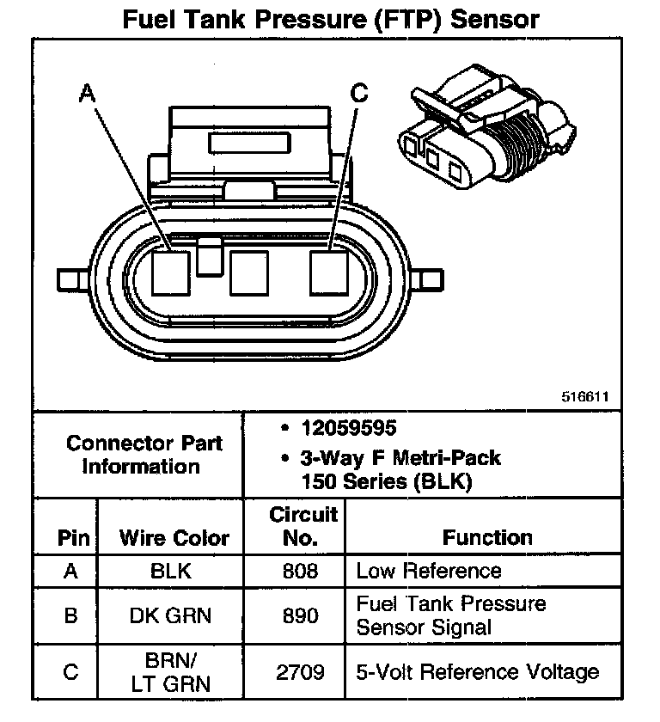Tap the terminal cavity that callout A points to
[x=172, y=273]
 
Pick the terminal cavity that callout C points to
[x=330, y=272]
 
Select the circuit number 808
[x=299, y=571]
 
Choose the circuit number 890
[x=299, y=615]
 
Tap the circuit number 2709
[x=299, y=672]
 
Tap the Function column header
[x=487, y=538]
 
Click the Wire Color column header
[x=174, y=538]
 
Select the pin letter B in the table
[x=72, y=615]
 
